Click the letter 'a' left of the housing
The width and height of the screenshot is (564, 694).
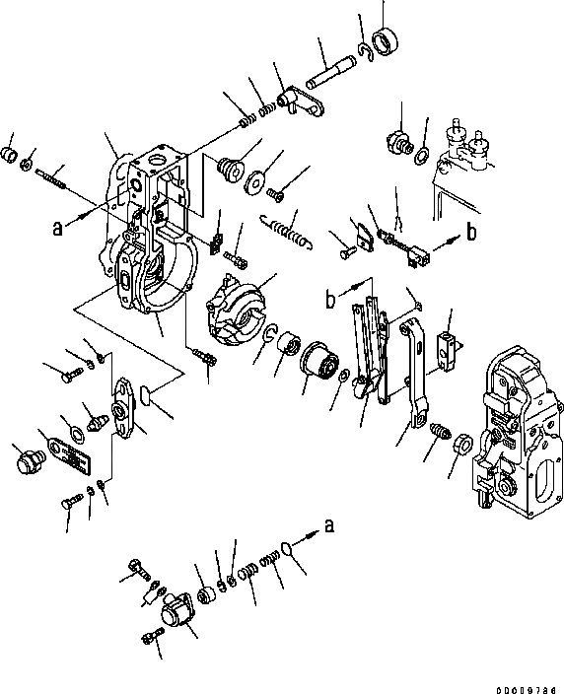point(57,229)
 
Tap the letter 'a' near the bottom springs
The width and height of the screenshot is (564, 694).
point(329,525)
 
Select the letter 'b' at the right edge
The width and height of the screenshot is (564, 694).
point(472,231)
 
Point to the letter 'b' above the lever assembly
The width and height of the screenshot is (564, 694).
point(330,300)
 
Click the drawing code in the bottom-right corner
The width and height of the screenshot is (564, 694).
point(526,690)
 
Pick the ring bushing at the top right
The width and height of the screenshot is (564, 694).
point(385,41)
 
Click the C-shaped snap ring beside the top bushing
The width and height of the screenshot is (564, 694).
point(366,52)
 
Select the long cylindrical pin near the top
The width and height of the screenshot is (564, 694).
point(330,73)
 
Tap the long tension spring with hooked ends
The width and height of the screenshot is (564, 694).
point(286,231)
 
